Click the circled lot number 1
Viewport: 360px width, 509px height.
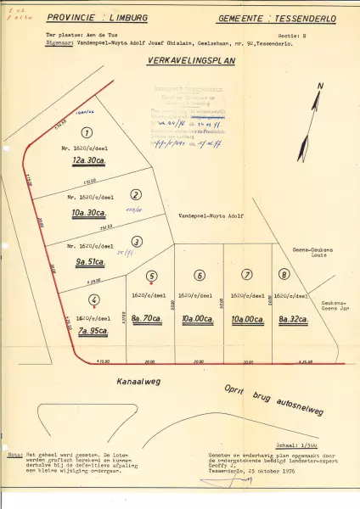(x=86, y=131)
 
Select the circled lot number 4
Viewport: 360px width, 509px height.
(x=94, y=299)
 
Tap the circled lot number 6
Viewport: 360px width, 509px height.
(x=199, y=275)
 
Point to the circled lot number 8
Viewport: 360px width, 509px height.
(x=284, y=274)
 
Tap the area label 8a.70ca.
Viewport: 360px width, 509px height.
(x=152, y=317)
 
